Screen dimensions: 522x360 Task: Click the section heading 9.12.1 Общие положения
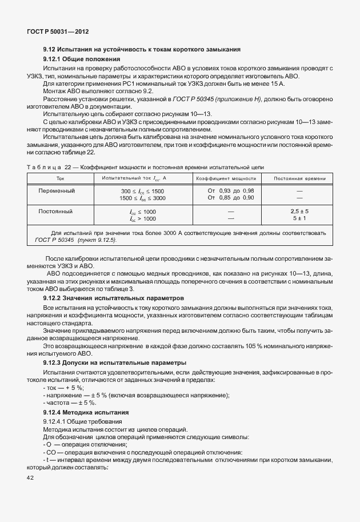pos(82,59)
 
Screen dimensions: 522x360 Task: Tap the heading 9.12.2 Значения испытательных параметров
pos(114,298)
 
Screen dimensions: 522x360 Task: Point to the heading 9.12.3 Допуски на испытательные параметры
pos(115,362)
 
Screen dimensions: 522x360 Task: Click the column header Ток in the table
pos(61,178)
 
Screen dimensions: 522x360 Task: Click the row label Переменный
pos(57,190)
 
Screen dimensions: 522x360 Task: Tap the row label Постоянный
pos(55,211)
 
